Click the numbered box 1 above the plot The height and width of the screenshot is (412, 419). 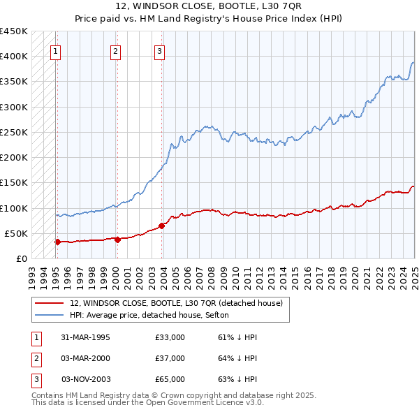click(x=55, y=50)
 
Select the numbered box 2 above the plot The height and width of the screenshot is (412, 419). click(x=115, y=50)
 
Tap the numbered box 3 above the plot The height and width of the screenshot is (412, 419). click(x=159, y=50)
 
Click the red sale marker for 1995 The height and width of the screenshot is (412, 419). click(x=57, y=242)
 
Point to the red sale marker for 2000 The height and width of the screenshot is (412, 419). click(x=117, y=240)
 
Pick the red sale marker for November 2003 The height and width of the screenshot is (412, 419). click(x=161, y=226)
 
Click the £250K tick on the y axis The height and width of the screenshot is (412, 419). click(x=14, y=132)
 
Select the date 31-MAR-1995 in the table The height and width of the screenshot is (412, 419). click(x=85, y=337)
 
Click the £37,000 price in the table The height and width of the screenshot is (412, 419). click(x=170, y=358)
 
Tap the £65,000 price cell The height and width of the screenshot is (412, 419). click(x=170, y=379)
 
